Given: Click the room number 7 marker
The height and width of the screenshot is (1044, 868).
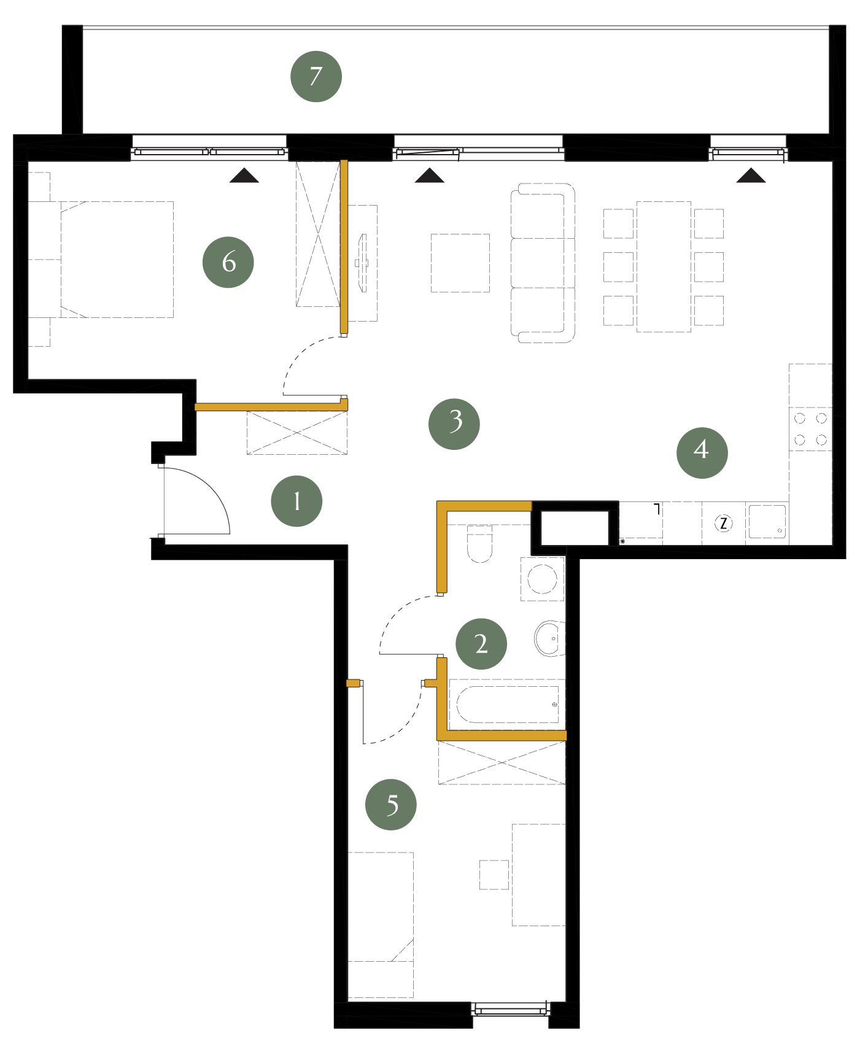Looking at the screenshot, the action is [x=316, y=77].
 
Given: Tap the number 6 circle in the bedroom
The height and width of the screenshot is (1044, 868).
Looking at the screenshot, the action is [x=228, y=262].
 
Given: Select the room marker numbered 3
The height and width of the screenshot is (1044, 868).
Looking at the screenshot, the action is [x=454, y=424].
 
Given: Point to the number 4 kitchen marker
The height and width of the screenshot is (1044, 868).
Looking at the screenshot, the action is [x=702, y=453].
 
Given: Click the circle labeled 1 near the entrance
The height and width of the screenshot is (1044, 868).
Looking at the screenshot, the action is [x=296, y=501].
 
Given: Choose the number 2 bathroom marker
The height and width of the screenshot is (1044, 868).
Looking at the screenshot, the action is [x=481, y=644].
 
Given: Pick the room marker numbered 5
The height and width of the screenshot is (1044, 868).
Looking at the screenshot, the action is [x=391, y=805].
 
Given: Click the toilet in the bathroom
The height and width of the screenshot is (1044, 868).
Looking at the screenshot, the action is [x=480, y=544].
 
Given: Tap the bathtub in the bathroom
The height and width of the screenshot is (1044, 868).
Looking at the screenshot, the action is [x=508, y=705].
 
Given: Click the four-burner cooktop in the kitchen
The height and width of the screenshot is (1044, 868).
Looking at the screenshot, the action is [x=810, y=429].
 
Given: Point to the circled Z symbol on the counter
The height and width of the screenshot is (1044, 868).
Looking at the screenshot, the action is [x=724, y=524].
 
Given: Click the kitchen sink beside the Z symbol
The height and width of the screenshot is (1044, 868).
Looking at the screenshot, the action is [x=767, y=522].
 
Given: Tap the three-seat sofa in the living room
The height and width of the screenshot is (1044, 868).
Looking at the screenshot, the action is [x=543, y=263].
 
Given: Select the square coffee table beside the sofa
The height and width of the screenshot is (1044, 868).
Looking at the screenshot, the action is [x=460, y=263].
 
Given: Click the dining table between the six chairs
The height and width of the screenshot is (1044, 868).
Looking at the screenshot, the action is [x=664, y=266].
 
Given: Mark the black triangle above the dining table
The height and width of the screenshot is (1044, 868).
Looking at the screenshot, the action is [x=751, y=176].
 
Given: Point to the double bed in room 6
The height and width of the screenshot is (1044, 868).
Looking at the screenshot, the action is [x=117, y=260].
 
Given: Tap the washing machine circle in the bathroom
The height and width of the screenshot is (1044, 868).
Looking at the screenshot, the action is [x=542, y=579].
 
